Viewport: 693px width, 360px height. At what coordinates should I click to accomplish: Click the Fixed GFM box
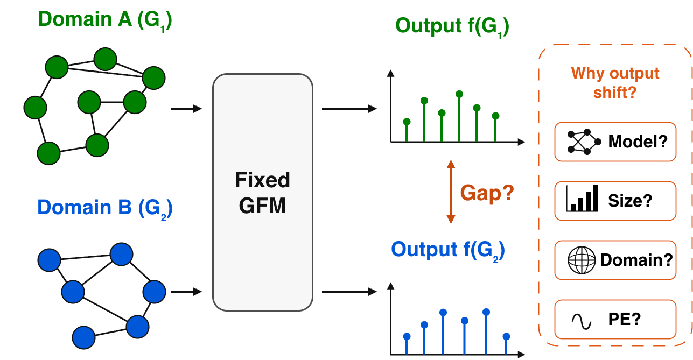click(x=263, y=192)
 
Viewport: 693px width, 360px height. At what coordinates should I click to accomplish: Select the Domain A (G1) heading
click(x=105, y=20)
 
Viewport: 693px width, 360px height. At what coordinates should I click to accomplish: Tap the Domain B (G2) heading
click(x=105, y=208)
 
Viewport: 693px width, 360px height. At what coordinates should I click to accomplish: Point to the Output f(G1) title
click(x=452, y=27)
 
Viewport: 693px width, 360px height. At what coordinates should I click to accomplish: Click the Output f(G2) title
click(x=448, y=251)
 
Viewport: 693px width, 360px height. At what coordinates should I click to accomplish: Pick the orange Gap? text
click(x=487, y=193)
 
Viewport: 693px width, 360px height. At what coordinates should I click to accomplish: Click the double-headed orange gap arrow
click(x=451, y=192)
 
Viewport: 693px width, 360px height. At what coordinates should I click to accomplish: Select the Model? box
click(x=615, y=142)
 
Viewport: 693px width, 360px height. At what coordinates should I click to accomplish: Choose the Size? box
click(x=615, y=201)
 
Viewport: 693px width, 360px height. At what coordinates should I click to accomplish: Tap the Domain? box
click(x=615, y=260)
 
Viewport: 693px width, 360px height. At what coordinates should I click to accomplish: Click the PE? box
click(x=615, y=319)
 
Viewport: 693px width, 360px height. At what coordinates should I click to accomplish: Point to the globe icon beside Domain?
click(x=582, y=260)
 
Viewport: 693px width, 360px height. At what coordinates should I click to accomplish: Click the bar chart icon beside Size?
click(x=582, y=199)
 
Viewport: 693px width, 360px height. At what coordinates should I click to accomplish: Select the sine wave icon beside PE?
click(x=582, y=322)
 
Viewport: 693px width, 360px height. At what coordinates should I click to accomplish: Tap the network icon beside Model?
click(x=584, y=142)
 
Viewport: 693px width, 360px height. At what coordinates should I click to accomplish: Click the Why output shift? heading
click(x=615, y=83)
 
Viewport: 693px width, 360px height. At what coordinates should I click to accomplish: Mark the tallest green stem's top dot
click(x=459, y=94)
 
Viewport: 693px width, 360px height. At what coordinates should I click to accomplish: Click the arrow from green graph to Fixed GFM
click(x=186, y=109)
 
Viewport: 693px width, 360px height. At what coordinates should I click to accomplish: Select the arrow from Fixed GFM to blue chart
click(x=349, y=291)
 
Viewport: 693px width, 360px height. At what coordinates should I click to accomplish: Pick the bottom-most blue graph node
click(x=83, y=337)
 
